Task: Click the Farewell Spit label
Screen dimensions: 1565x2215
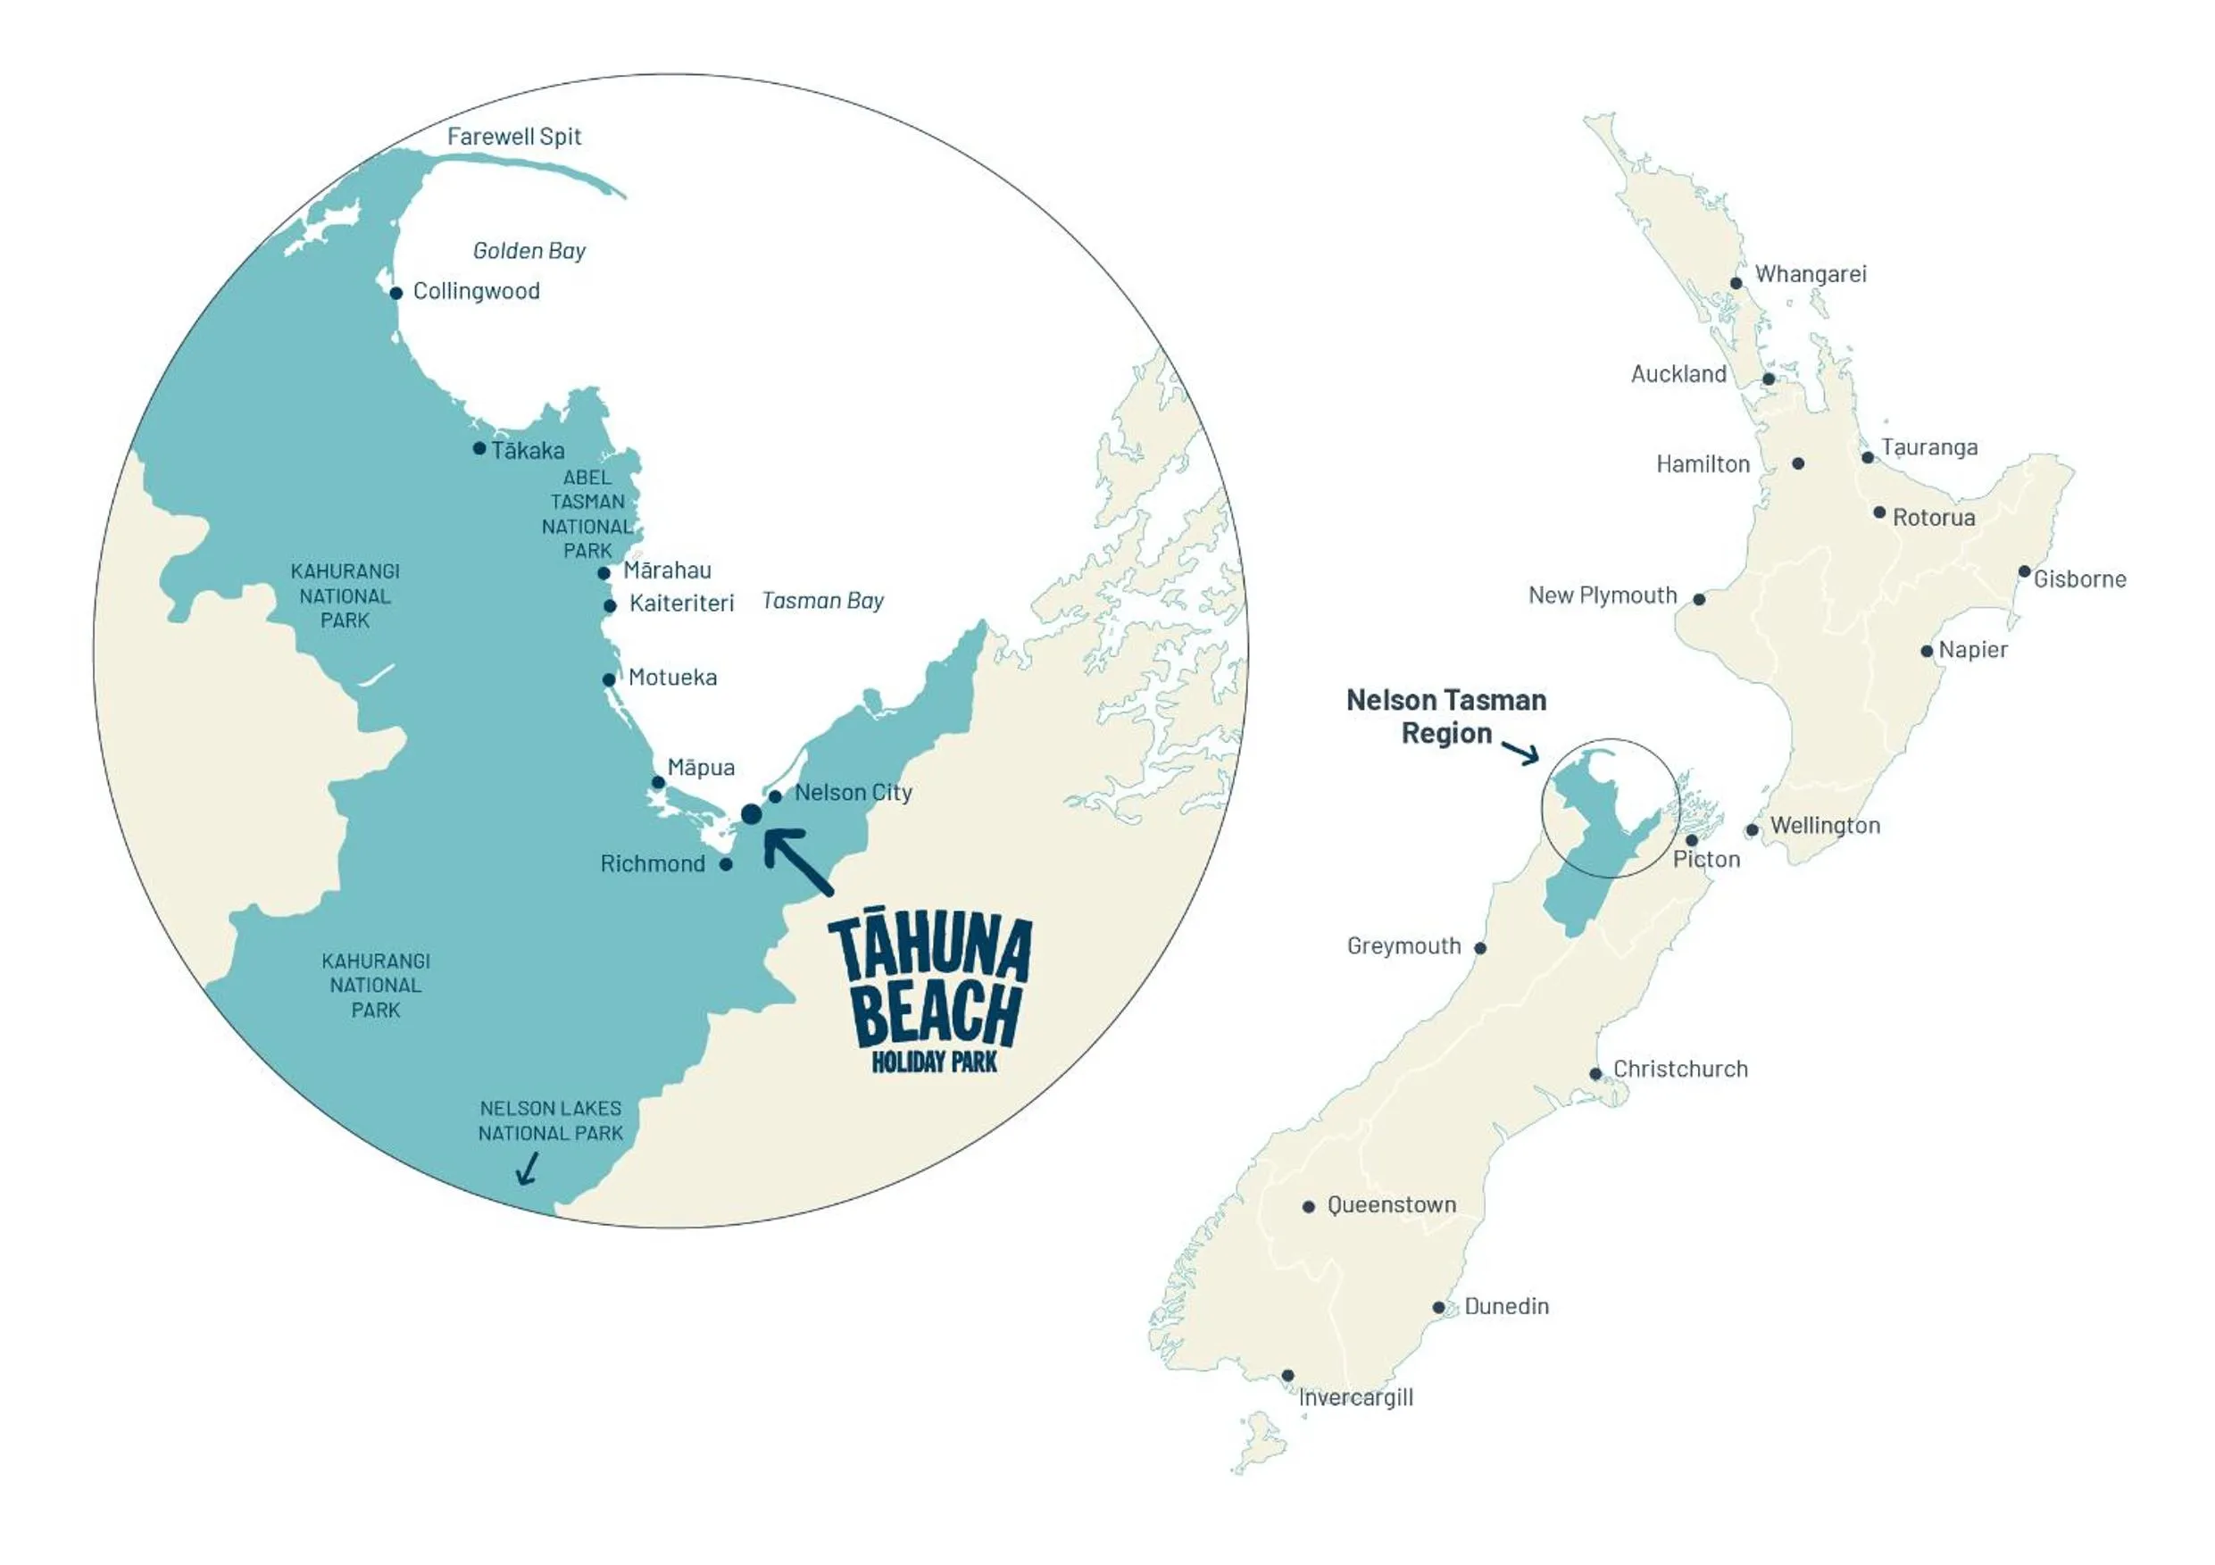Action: (x=513, y=137)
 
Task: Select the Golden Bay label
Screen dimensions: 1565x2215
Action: (x=529, y=251)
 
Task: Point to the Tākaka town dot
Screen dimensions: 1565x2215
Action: (x=479, y=449)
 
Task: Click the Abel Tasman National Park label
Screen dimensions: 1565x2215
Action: (x=587, y=514)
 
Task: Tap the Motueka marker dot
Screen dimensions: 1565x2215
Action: (x=609, y=680)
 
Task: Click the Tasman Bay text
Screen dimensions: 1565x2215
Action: (x=822, y=601)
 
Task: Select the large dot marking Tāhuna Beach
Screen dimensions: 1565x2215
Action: (x=752, y=815)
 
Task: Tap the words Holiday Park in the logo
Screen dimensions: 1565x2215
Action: (x=934, y=1062)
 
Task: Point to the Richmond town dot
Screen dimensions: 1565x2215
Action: (x=727, y=864)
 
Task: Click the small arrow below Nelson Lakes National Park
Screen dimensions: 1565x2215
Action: (x=527, y=1170)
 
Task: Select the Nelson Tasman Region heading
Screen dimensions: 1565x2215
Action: (x=1446, y=717)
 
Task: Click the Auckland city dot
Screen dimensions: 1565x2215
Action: (x=1769, y=379)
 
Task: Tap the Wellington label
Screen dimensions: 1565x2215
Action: (x=1825, y=826)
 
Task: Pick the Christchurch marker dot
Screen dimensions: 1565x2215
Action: (x=1595, y=1074)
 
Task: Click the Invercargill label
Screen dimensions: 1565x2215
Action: (x=1355, y=1398)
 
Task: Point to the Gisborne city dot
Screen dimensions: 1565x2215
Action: (x=2025, y=572)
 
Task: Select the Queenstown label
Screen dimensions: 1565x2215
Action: (x=1391, y=1205)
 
